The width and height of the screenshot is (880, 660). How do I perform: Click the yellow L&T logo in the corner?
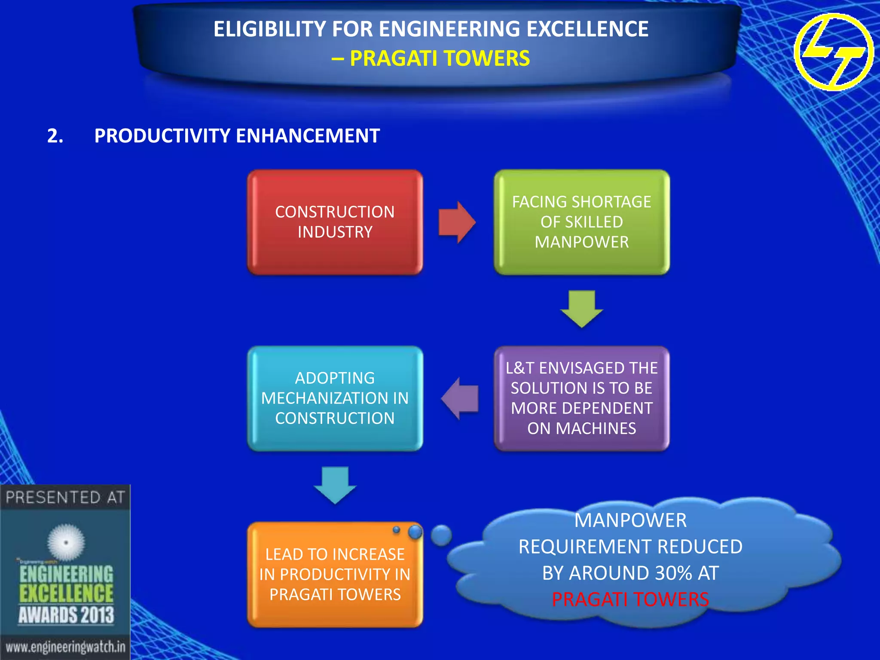click(834, 52)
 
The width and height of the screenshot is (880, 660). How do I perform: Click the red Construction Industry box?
click(335, 222)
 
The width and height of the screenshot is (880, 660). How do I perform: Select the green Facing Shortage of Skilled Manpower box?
click(581, 222)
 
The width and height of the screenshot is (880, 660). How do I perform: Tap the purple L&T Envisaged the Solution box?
click(581, 398)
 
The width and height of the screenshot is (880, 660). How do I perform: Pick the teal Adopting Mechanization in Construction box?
click(335, 398)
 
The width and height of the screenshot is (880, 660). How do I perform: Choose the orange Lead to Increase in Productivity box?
click(335, 574)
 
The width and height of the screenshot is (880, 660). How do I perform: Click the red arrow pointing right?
click(457, 223)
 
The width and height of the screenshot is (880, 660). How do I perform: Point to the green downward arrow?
click(582, 309)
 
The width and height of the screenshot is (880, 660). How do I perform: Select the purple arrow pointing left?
click(460, 398)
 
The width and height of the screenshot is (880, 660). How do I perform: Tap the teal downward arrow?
click(335, 485)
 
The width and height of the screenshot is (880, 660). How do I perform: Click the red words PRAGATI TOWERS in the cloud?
click(630, 599)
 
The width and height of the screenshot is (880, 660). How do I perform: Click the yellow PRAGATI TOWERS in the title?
click(440, 58)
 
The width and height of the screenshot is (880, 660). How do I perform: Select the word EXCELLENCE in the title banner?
click(587, 29)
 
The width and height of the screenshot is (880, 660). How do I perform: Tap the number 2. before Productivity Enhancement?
click(55, 136)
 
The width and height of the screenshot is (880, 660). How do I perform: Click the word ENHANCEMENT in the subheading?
click(308, 136)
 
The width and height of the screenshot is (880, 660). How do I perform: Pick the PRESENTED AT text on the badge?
click(65, 498)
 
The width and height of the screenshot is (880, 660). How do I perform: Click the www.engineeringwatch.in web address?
click(65, 647)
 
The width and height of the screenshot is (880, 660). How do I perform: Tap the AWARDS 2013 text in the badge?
click(66, 615)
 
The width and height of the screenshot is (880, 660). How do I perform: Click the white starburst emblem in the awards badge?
click(66, 542)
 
